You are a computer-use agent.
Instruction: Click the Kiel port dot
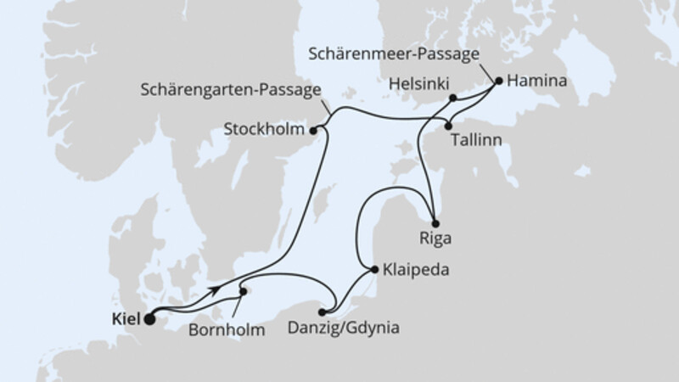pyautogui.click(x=150, y=320)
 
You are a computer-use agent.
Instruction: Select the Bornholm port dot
pyautogui.click(x=244, y=291)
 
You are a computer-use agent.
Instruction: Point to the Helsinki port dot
pyautogui.click(x=454, y=98)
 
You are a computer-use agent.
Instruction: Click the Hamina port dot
pyautogui.click(x=499, y=81)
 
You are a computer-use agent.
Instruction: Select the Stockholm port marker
pyautogui.click(x=314, y=131)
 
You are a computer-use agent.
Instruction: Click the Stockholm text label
pyautogui.click(x=266, y=131)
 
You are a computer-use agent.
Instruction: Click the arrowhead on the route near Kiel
pyautogui.click(x=216, y=290)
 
